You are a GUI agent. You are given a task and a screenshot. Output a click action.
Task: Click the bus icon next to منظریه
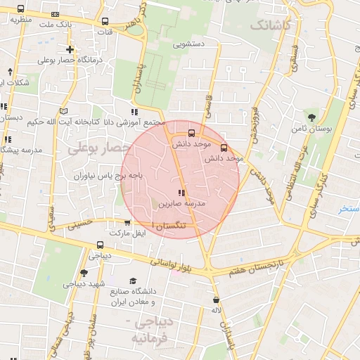click(20, 10)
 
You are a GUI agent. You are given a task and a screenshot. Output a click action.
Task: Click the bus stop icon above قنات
click(105, 21)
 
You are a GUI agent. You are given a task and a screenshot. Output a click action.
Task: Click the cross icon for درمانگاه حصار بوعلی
click(70, 49)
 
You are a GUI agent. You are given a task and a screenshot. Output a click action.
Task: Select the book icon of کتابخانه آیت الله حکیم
click(65, 111)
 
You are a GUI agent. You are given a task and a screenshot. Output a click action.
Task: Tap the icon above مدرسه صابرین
click(181, 192)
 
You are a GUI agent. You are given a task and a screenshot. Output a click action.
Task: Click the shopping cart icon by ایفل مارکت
click(127, 222)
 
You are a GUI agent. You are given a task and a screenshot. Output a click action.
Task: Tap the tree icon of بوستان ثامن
click(311, 117)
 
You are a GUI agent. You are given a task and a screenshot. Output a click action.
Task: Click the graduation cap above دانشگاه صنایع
click(132, 281)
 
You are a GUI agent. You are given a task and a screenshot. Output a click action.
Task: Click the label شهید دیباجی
click(84, 284)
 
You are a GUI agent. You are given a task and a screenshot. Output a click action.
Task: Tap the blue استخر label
click(348, 209)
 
